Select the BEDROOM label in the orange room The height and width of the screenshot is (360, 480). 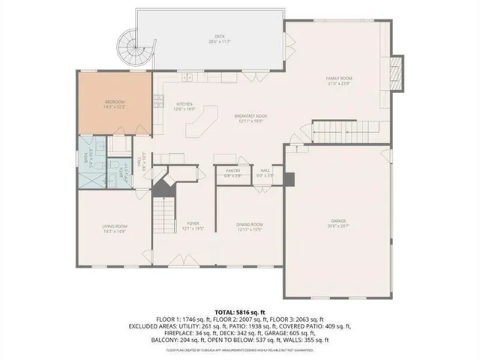[x=114, y=101]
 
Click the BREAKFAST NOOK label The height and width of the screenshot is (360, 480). [x=250, y=116]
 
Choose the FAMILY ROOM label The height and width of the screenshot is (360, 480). [x=339, y=79]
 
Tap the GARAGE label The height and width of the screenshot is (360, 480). [x=338, y=221]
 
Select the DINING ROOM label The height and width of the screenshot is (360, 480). [x=250, y=224]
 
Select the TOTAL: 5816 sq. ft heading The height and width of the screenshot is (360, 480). [x=239, y=310]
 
